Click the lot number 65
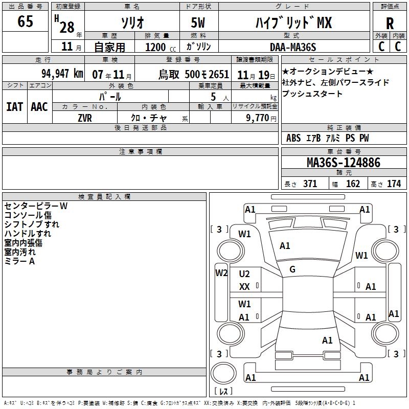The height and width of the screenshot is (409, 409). [25, 22]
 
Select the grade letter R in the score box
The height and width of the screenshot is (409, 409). [390, 24]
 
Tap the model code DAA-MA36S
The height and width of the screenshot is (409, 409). [293, 47]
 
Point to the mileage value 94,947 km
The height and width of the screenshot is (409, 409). [62, 74]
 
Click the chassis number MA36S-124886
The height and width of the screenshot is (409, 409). [343, 163]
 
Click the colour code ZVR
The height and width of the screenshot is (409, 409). [85, 118]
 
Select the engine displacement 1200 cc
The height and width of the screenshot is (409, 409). [155, 47]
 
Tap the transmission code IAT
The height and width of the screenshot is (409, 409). [15, 106]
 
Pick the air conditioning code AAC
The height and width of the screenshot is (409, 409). [39, 106]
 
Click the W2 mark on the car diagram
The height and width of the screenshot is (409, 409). [221, 272]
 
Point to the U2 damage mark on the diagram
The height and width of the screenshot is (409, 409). [244, 274]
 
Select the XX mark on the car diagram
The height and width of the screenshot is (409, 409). [244, 287]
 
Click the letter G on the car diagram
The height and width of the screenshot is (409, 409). [292, 269]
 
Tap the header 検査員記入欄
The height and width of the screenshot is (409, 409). [104, 197]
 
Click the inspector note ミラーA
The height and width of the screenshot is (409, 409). [19, 261]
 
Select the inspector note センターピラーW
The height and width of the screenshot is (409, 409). [35, 206]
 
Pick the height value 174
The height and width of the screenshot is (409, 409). [394, 184]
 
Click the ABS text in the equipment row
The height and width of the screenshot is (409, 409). [293, 138]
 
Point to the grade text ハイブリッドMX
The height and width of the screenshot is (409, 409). [293, 23]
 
